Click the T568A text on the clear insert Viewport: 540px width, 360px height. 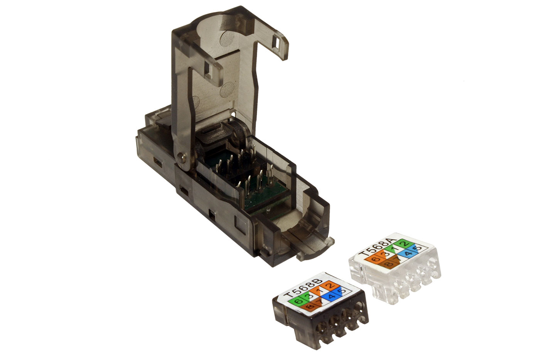coord(378,247)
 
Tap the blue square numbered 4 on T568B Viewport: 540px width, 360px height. coord(332,296)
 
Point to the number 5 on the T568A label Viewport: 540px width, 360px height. coord(418,248)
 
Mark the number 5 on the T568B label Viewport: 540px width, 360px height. coord(343,291)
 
